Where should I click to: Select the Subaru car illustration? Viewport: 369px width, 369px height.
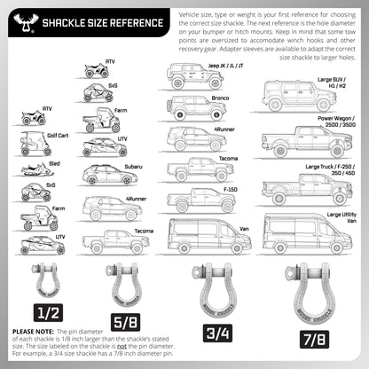pos(104,176)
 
